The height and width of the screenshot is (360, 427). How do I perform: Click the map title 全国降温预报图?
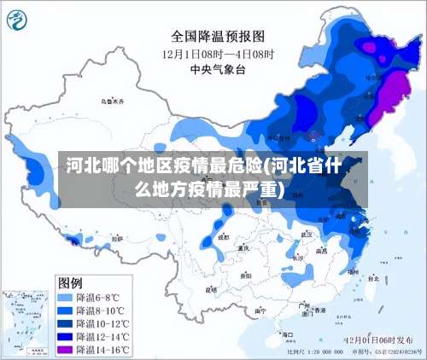[x=219, y=36]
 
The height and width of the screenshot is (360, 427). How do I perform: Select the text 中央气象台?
[x=219, y=69]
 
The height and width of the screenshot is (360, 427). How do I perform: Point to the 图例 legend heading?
[x=70, y=282]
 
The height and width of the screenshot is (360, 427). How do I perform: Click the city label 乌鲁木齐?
[x=112, y=102]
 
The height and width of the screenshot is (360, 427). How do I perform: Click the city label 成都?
[x=224, y=237]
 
